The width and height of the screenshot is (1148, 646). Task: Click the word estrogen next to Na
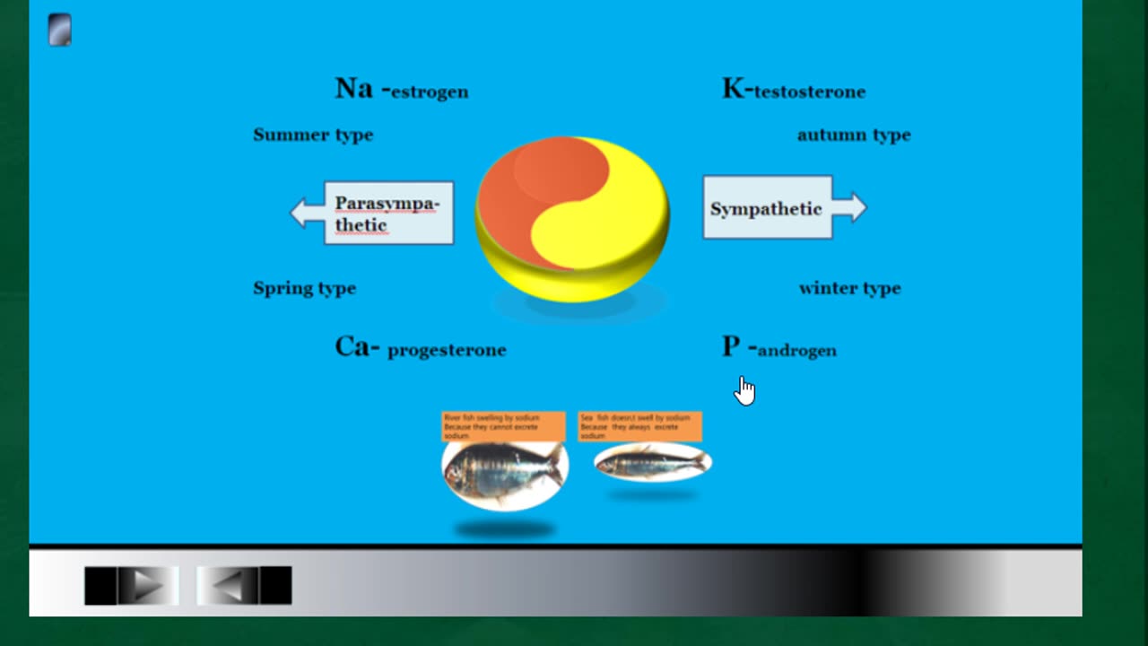(430, 92)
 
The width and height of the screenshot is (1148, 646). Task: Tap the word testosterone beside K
(809, 92)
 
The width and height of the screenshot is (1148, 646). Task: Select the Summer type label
(313, 135)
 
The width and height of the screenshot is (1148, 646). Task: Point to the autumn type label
(854, 135)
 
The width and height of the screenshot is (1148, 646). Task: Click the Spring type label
(305, 289)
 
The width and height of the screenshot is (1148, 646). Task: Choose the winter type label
(849, 289)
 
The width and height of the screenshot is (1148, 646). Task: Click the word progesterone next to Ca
(447, 350)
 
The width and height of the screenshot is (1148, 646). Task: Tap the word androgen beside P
(796, 351)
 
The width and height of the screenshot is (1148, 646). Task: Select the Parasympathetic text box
(389, 214)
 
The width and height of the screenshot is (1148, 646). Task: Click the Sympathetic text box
(767, 208)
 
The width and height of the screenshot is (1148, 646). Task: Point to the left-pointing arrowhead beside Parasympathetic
(302, 213)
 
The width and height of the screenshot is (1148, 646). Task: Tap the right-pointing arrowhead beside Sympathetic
(853, 207)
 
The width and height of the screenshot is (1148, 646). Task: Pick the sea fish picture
(652, 463)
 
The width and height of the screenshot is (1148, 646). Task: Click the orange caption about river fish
(503, 426)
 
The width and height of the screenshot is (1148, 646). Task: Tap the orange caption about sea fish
(639, 426)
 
